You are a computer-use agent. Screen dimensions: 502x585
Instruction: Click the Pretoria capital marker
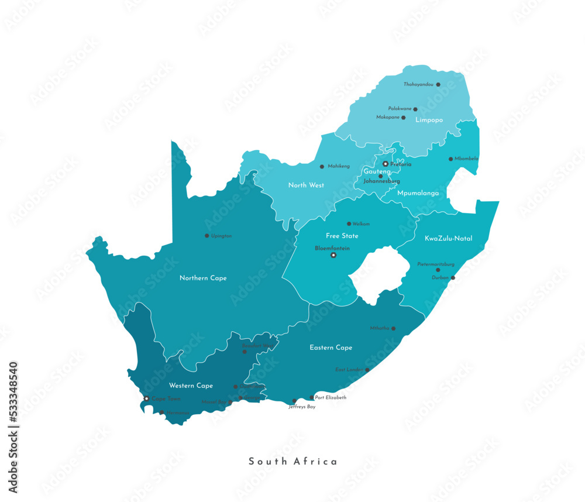click(386, 164)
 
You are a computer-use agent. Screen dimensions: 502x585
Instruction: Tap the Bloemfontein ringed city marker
click(333, 255)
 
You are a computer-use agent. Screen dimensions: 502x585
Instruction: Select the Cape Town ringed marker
click(146, 398)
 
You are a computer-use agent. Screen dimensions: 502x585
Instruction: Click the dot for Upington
click(207, 236)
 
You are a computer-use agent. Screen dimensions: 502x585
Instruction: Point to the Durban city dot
click(452, 278)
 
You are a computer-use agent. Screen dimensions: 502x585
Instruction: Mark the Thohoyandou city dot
click(438, 84)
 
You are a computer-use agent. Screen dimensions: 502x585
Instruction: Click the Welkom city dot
click(349, 224)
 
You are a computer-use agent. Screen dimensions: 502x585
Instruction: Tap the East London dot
click(367, 370)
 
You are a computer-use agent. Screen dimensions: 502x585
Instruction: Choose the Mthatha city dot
click(393, 328)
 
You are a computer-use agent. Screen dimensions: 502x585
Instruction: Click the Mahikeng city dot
click(322, 166)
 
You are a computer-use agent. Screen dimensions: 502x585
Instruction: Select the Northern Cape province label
click(203, 278)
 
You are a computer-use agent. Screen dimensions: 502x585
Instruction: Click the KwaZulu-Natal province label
click(449, 238)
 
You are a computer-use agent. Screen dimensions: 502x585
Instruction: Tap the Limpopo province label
click(429, 120)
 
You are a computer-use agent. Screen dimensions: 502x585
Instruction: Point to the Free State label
click(342, 236)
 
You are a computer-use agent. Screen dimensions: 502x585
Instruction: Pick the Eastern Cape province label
click(331, 348)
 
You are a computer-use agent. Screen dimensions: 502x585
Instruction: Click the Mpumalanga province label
click(418, 192)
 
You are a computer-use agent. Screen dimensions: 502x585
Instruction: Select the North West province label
click(306, 185)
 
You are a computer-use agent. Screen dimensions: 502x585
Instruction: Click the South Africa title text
click(293, 462)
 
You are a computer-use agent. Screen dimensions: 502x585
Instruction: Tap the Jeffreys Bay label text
click(302, 407)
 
